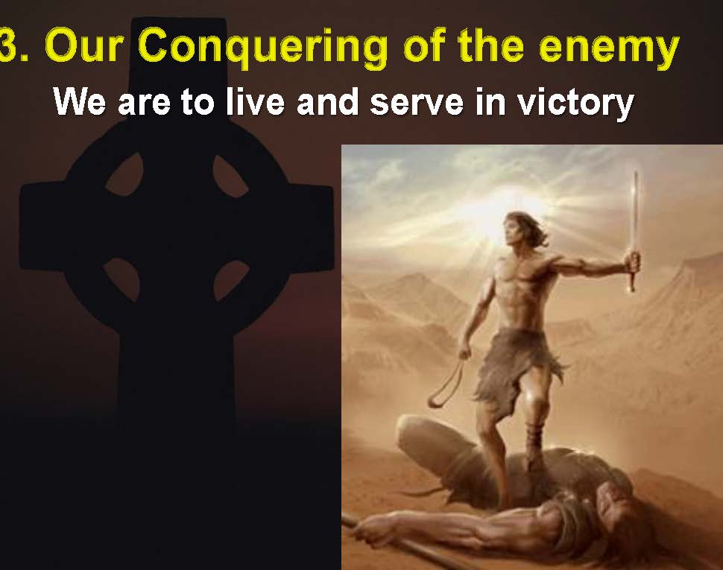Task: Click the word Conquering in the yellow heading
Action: (262, 47)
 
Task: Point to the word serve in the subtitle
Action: (417, 102)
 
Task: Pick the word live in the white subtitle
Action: (256, 101)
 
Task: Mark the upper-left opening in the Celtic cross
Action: (125, 174)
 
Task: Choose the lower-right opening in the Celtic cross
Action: (230, 279)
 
